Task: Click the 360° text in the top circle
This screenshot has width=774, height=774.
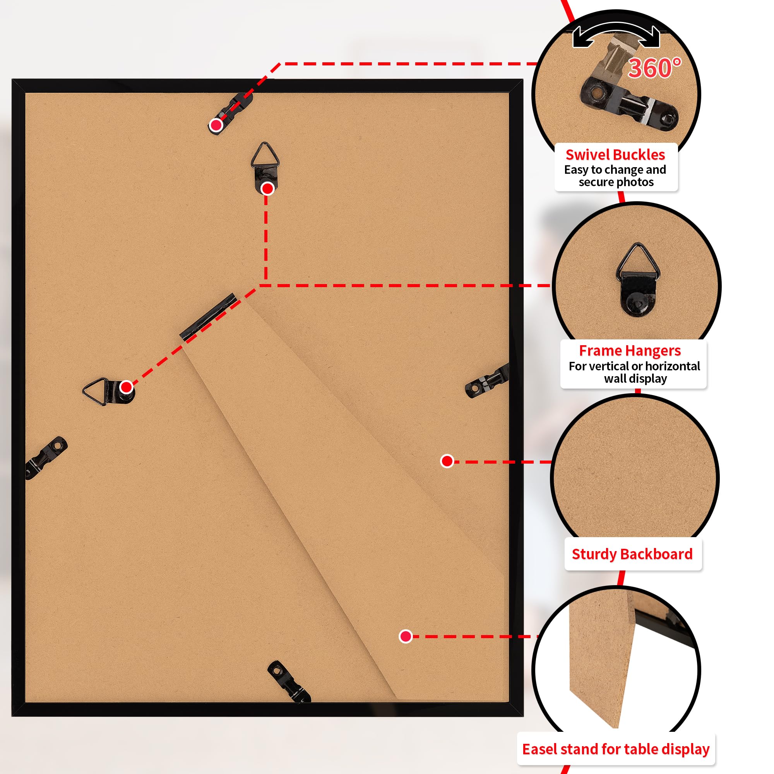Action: (x=654, y=68)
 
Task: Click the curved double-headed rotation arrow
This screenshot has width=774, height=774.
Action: (x=616, y=33)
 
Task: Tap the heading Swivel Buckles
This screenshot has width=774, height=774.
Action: (x=615, y=155)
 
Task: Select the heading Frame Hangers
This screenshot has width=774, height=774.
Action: (x=630, y=351)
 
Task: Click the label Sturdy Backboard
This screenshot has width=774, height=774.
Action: (x=632, y=554)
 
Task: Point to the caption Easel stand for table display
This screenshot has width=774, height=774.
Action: (x=616, y=749)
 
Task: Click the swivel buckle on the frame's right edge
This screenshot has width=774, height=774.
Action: (x=487, y=380)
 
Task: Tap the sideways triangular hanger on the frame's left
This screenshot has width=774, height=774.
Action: (x=109, y=391)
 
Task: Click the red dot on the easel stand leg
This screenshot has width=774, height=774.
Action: (x=406, y=636)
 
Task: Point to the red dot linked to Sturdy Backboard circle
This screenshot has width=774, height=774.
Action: (x=447, y=461)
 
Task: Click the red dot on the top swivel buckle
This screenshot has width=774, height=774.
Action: (x=216, y=125)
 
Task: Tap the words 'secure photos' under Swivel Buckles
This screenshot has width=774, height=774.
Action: (x=616, y=182)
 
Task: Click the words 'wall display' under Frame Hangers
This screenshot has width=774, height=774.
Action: (x=635, y=378)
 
